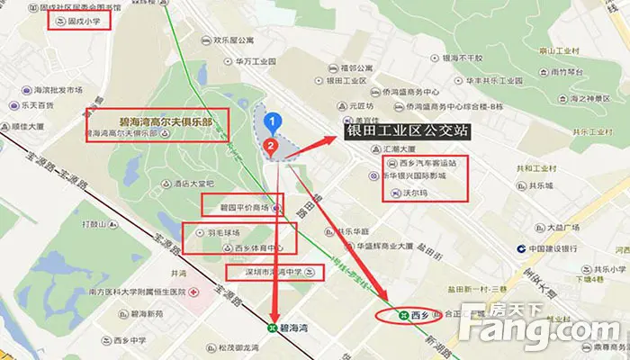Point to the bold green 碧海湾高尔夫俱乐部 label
pos(157,118)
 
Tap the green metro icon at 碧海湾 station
pos(274,328)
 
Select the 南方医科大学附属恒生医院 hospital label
pos(127,292)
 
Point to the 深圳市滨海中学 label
pos(261,271)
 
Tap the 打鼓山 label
pos(94,221)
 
